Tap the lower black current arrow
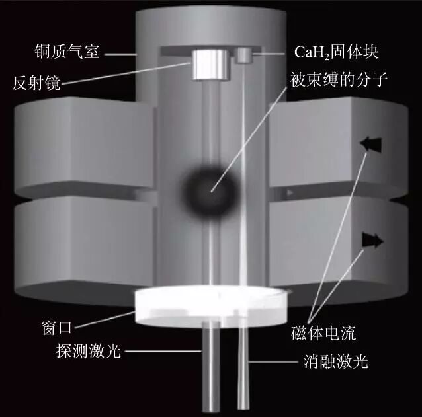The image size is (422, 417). coord(372,241)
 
